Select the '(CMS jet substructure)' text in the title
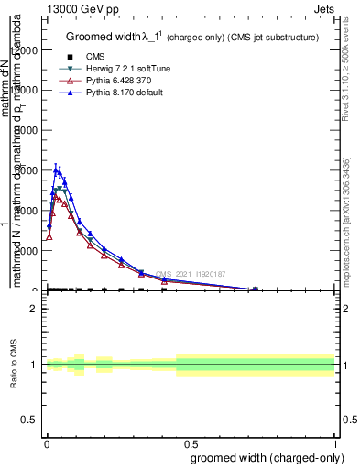click(265, 38)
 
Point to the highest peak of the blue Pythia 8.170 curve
click(57, 169)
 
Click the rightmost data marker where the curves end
click(255, 289)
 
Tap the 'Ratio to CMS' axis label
click(14, 364)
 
